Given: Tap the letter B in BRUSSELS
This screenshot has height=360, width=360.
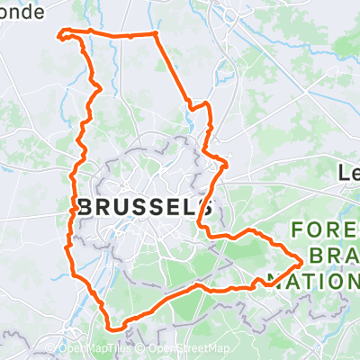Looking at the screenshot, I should point(85,207).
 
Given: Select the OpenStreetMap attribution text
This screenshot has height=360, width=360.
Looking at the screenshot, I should point(188,349).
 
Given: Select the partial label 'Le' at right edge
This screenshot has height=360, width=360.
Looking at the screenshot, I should point(349,172).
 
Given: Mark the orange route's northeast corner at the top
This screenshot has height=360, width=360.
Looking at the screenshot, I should point(156,34).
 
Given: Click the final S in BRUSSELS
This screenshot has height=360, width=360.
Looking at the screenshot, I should point(205,207).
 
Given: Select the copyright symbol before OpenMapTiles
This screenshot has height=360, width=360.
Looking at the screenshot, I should point(62,349).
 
